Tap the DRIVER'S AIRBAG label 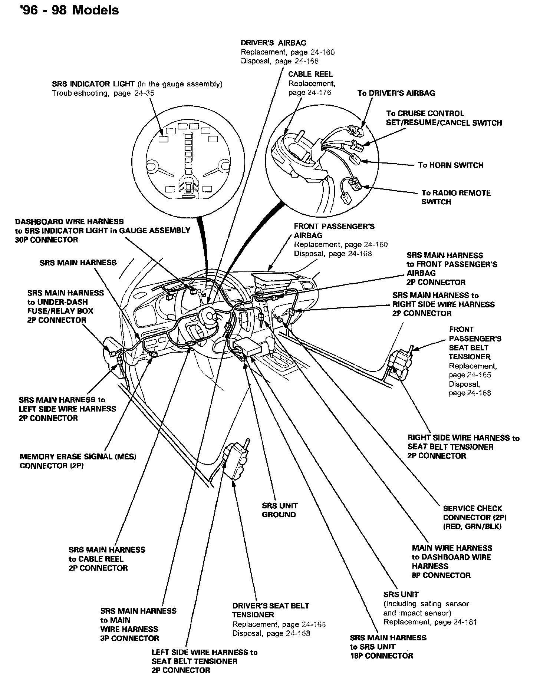pyautogui.click(x=273, y=43)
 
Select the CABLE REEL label pyautogui.click(x=310, y=74)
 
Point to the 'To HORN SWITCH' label pyautogui.click(x=451, y=165)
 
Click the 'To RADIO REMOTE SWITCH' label pyautogui.click(x=456, y=197)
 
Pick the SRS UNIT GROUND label pyautogui.click(x=279, y=510)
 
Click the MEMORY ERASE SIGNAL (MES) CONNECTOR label pyautogui.click(x=78, y=461)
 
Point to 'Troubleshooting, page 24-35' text pyautogui.click(x=103, y=93)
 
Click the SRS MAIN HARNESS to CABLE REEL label pyautogui.click(x=107, y=559)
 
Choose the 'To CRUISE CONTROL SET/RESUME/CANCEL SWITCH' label pyautogui.click(x=444, y=118)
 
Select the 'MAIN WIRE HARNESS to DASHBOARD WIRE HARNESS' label pyautogui.click(x=452, y=561)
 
